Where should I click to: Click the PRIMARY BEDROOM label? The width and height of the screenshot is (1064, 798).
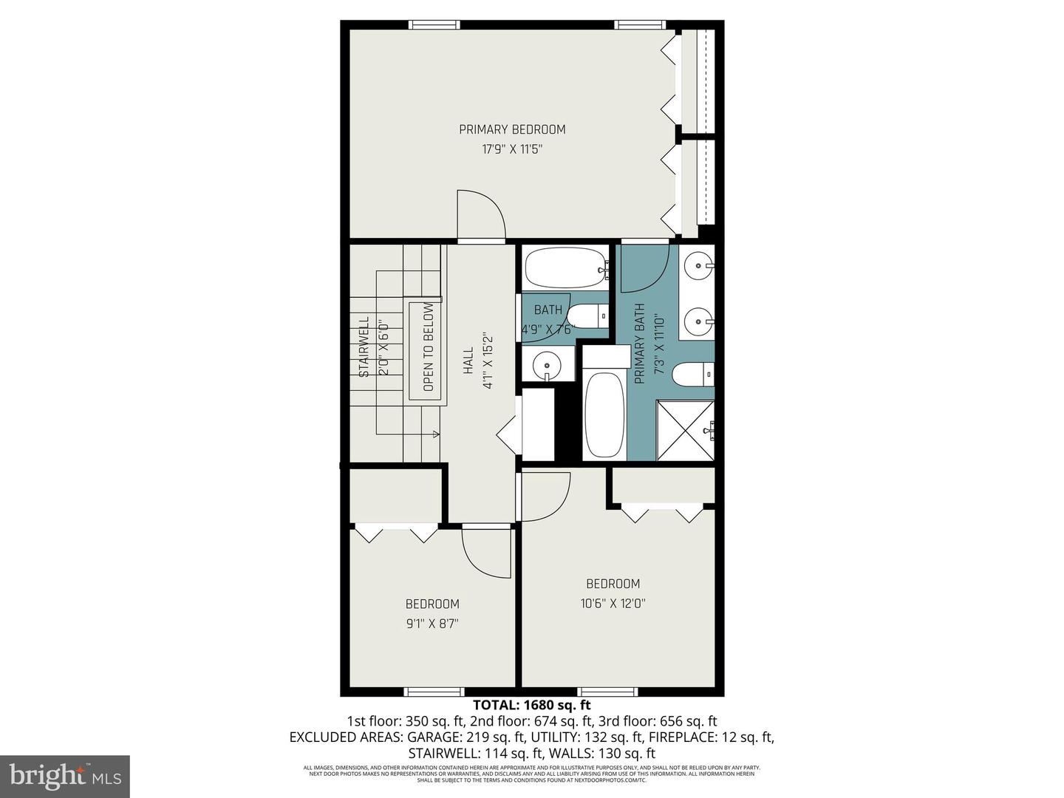[512, 129]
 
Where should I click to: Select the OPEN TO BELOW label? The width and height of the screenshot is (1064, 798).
[429, 347]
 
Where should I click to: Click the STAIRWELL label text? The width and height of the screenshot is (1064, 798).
[364, 347]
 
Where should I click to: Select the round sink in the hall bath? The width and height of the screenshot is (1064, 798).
[548, 365]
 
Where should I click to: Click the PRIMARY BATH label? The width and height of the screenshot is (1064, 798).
[640, 344]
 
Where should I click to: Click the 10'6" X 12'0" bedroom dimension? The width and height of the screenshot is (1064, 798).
[613, 603]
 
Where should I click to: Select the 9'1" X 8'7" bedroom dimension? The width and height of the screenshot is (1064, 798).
[432, 624]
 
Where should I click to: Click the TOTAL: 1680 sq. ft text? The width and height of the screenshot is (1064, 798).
[531, 705]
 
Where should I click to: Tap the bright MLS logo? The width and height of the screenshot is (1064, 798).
[65, 776]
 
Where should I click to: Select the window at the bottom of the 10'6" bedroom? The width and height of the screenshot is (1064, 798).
[607, 692]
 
